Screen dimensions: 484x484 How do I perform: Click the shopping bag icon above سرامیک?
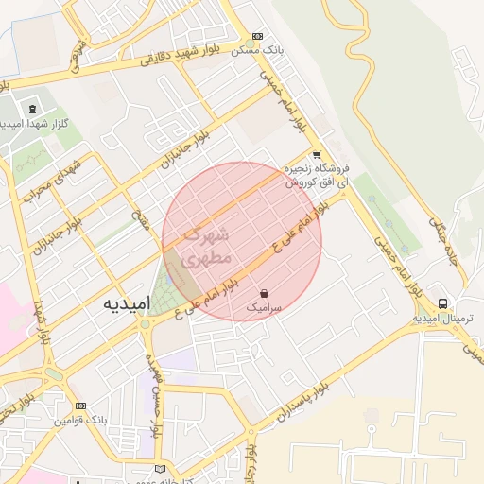[264, 293]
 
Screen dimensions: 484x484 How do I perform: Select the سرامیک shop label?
[264, 308]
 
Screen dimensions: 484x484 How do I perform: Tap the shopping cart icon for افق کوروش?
[316, 155]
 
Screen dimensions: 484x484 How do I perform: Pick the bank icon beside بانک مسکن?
[258, 36]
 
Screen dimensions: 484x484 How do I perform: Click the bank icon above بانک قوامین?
[80, 406]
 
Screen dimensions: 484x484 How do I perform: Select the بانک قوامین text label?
[79, 420]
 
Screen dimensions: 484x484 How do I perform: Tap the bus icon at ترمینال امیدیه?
[442, 303]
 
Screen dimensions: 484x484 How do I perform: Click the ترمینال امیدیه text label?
[448, 319]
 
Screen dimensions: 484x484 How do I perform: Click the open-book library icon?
[159, 470]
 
